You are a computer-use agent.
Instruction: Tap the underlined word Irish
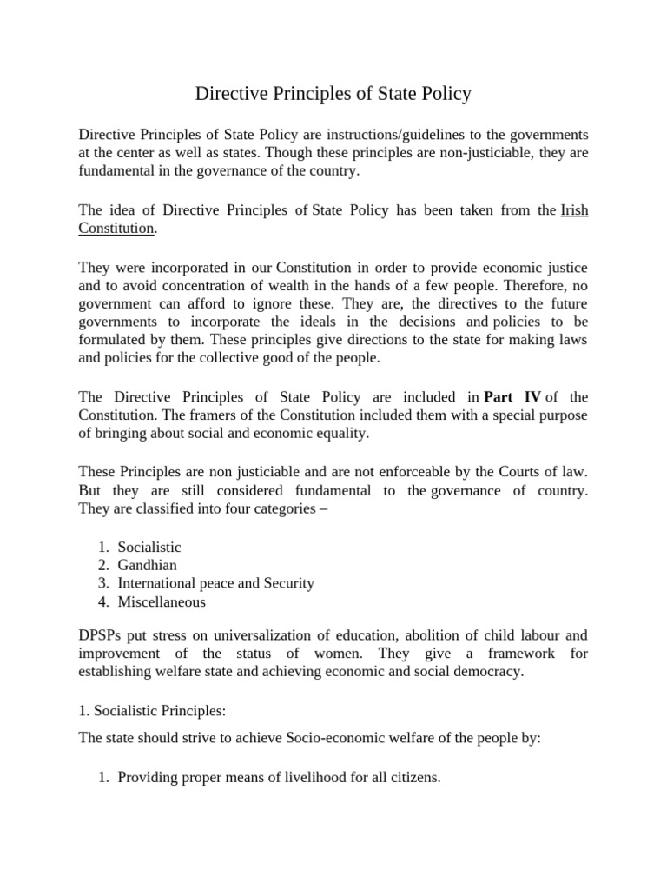coord(574,210)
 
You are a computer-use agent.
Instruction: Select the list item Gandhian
coord(148,565)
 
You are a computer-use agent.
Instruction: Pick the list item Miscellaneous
coord(162,601)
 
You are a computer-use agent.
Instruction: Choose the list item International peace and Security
coord(215,583)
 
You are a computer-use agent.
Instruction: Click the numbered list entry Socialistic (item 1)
coord(149,547)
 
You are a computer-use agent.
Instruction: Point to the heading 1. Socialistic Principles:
coord(152,710)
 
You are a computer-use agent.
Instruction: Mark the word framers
coord(227,415)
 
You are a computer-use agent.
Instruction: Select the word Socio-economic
coord(308,738)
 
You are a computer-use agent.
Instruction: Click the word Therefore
coord(538,286)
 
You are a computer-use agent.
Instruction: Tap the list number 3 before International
coord(102,583)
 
